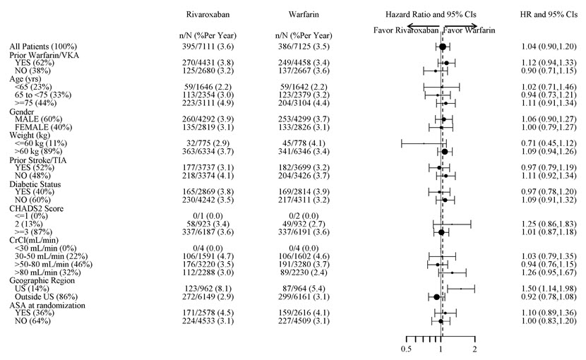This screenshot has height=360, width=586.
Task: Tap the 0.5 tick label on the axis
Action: point(406,349)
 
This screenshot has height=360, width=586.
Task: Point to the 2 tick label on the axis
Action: point(474,349)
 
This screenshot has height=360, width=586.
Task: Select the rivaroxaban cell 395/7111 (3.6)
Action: point(208,47)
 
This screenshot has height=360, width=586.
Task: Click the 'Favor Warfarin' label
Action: point(470,30)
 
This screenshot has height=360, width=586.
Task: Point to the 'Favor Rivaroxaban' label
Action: point(405,30)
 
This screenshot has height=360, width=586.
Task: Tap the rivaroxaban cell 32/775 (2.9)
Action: point(208,144)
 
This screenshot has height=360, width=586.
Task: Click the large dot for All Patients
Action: point(442,47)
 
